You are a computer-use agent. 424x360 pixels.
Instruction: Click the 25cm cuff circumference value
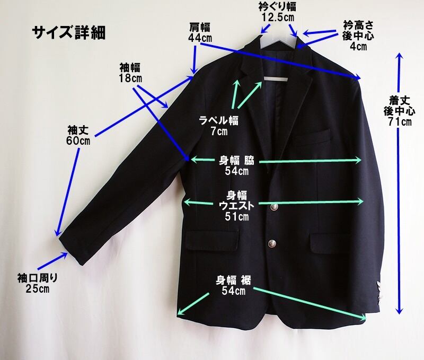[x=37, y=289]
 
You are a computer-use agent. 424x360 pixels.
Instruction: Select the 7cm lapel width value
[x=219, y=130]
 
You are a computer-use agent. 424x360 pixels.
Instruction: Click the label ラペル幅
[x=219, y=119]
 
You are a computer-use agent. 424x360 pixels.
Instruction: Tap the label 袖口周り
[x=37, y=278]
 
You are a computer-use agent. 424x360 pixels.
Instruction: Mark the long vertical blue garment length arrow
[x=399, y=186]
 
